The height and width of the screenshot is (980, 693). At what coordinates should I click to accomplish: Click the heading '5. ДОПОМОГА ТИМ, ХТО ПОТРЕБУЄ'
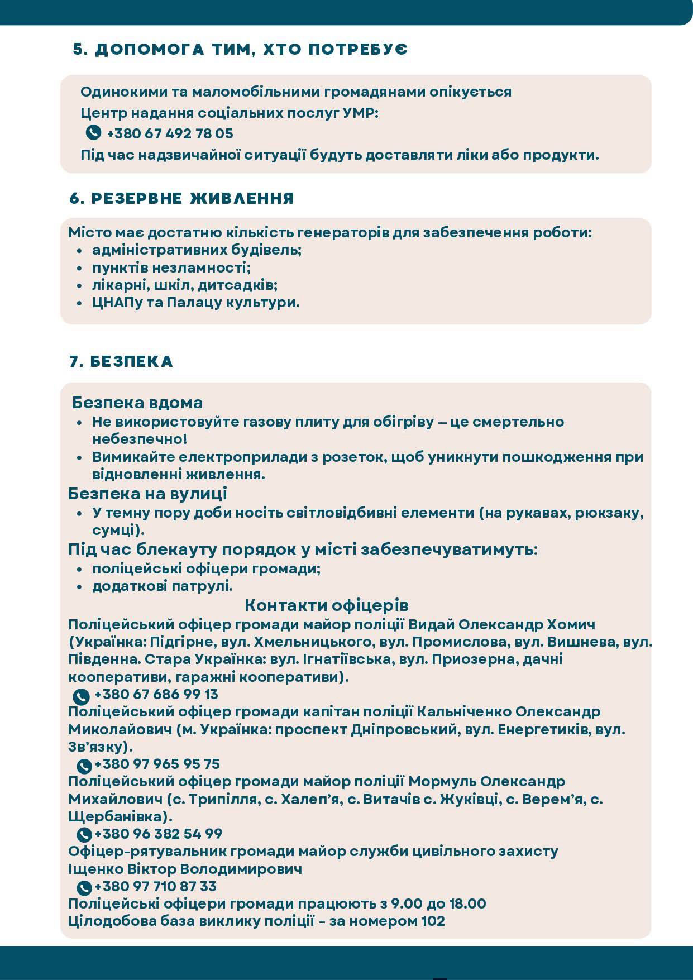click(240, 49)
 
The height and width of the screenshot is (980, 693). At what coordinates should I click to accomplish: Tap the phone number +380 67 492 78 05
click(170, 134)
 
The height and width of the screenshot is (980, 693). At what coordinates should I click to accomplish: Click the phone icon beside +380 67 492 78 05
click(93, 133)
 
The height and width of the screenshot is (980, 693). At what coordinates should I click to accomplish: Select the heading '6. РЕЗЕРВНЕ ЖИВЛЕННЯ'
click(181, 198)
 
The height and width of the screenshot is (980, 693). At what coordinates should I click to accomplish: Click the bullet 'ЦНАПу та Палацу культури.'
click(196, 303)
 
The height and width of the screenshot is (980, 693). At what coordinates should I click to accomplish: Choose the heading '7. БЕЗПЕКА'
click(121, 361)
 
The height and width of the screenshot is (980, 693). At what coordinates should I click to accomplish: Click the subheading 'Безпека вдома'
click(137, 403)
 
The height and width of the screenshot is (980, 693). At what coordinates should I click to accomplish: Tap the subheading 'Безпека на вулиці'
click(147, 494)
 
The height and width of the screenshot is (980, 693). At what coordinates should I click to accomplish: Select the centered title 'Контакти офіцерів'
click(327, 605)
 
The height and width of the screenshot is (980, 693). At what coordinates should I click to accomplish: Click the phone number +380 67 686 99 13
click(156, 694)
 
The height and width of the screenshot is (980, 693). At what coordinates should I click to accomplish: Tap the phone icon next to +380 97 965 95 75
click(84, 765)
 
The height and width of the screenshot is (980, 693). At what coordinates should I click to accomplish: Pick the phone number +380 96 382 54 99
click(159, 834)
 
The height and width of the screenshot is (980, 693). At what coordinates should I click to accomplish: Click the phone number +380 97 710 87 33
click(156, 886)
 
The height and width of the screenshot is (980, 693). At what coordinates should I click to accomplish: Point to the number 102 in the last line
click(433, 921)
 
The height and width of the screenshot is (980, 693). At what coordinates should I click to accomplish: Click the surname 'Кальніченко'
click(465, 712)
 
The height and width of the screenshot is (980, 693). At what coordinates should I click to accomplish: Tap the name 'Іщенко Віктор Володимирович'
click(185, 869)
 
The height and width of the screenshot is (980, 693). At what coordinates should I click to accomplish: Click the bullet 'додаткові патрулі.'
click(163, 586)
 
